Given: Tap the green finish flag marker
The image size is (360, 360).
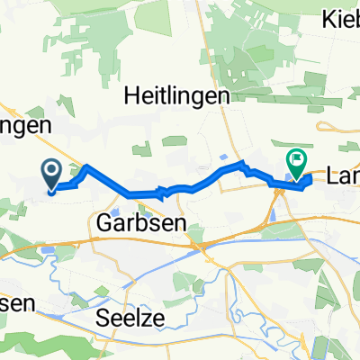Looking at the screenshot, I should (x=295, y=162).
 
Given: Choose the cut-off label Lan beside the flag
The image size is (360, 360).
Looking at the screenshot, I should (x=343, y=180).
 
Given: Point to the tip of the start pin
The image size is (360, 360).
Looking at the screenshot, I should (x=50, y=190).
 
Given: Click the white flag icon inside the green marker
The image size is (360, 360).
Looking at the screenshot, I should (x=295, y=159).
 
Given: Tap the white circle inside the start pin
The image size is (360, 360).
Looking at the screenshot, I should (x=50, y=168).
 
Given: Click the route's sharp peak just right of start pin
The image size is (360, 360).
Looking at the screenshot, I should (x=86, y=166).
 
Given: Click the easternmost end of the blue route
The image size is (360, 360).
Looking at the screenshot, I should (x=312, y=181).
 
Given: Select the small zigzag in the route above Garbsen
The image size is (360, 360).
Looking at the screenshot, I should (x=162, y=191).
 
